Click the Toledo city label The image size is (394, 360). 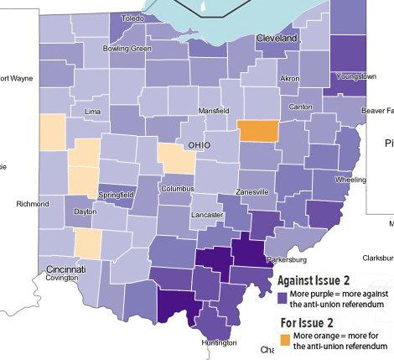click(132, 18)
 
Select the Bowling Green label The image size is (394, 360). click(127, 49)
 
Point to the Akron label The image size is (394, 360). click(289, 78)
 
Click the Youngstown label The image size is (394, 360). click(355, 76)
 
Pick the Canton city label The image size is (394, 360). click(300, 107)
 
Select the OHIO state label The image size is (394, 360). click(199, 145)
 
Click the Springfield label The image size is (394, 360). click(117, 195)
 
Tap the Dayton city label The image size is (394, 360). click(86, 212)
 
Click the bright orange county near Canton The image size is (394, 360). click(257, 131)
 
